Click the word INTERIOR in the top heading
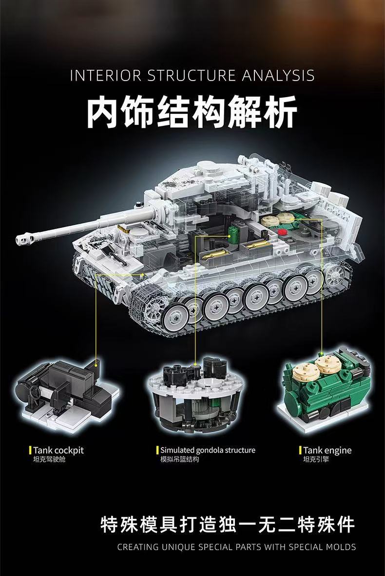point(106,76)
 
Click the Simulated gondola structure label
point(208,450)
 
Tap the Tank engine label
point(327,450)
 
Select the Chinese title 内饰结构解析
point(192,113)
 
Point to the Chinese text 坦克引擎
point(316,460)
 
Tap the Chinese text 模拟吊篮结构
point(180,460)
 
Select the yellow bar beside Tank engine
point(300,450)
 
